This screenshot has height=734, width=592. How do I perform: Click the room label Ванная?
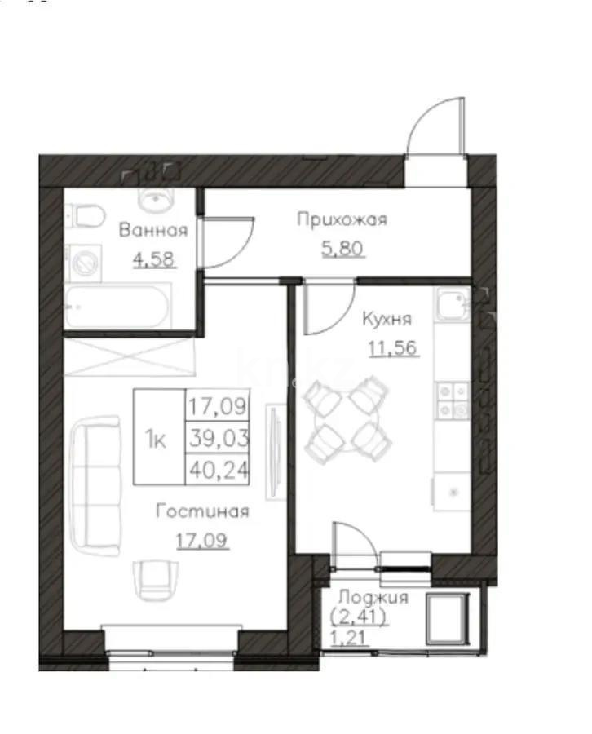click(x=152, y=230)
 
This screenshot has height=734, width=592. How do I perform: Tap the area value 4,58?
click(x=152, y=261)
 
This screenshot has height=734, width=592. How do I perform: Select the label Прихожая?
click(x=341, y=219)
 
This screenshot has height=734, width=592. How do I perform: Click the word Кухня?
click(x=387, y=319)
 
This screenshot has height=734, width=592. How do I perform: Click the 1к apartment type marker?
click(x=157, y=440)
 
